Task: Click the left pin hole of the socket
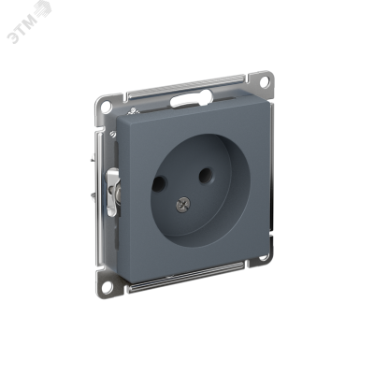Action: click(x=159, y=184)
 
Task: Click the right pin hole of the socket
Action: click(x=206, y=176)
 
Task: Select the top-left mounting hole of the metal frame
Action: click(x=107, y=107)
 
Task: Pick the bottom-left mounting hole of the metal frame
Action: click(x=107, y=288)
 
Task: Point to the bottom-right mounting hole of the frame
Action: click(x=264, y=257)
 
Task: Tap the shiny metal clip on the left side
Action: click(x=113, y=192)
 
